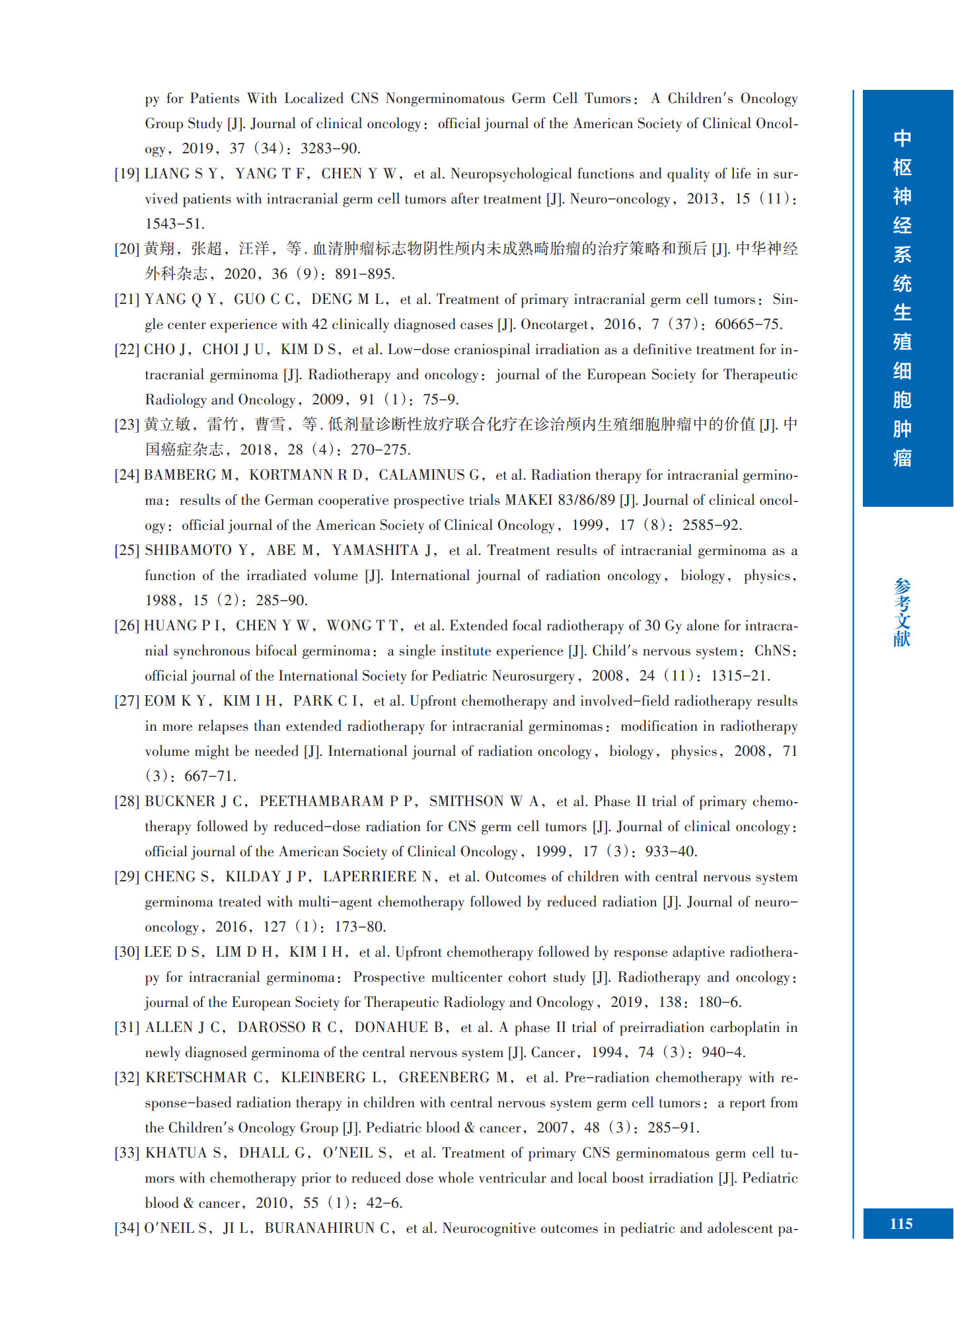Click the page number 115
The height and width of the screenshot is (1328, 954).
point(900,1224)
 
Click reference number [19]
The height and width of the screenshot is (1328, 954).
point(127,174)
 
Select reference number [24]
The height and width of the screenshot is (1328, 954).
point(127,475)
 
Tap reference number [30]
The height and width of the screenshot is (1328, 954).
point(127,952)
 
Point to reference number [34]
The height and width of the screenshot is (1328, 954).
point(127,1228)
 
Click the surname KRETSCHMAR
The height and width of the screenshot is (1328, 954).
point(197,1078)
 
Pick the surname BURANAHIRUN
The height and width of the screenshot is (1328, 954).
point(319,1228)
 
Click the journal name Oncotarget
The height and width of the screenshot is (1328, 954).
point(554,324)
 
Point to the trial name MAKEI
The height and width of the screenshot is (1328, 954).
point(529,500)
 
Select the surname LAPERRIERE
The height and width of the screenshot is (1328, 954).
point(369,877)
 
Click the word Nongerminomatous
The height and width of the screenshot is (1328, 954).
point(445,98)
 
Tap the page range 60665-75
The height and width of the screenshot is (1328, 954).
point(748,324)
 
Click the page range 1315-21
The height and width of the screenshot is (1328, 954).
point(739,676)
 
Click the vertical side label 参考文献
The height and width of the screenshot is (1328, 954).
point(902,612)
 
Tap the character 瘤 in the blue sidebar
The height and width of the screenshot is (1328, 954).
point(902,458)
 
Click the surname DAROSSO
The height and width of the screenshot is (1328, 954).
point(272,1027)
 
